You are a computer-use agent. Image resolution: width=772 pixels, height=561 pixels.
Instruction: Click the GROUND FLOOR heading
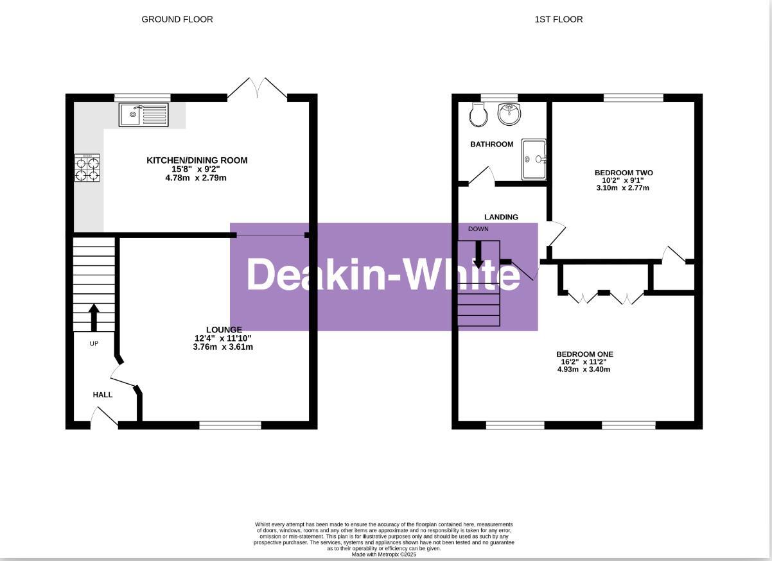pyautogui.click(x=177, y=19)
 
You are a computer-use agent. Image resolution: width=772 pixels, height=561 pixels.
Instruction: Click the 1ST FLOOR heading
pyautogui.click(x=558, y=19)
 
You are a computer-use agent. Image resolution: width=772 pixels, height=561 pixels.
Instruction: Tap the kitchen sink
pyautogui.click(x=143, y=115)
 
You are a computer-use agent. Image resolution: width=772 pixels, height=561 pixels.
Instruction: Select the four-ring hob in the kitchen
pyautogui.click(x=87, y=168)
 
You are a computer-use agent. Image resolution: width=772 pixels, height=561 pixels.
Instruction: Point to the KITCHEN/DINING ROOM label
pyautogui.click(x=197, y=160)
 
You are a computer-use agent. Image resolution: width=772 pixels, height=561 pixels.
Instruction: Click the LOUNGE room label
pyautogui.click(x=224, y=329)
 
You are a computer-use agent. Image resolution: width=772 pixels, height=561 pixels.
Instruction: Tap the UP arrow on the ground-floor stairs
pyautogui.click(x=94, y=316)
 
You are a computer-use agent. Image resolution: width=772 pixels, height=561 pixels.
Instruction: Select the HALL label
pyautogui.click(x=103, y=395)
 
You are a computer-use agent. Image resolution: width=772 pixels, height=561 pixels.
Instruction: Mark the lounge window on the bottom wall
pyautogui.click(x=230, y=425)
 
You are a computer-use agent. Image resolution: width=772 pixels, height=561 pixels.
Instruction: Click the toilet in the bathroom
pyautogui.click(x=478, y=114)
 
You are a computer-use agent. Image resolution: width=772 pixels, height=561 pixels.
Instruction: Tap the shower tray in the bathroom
pyautogui.click(x=534, y=159)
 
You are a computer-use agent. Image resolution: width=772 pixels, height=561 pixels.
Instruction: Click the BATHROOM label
pyautogui.click(x=492, y=144)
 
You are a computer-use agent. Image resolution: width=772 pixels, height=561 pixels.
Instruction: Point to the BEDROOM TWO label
pyautogui.click(x=623, y=173)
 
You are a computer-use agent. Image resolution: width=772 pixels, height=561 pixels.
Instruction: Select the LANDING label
pyautogui.click(x=501, y=217)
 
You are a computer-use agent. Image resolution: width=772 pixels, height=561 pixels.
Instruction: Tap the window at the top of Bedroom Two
pyautogui.click(x=633, y=98)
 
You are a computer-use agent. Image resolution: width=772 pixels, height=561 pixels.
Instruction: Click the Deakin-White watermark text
pyautogui.click(x=383, y=275)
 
